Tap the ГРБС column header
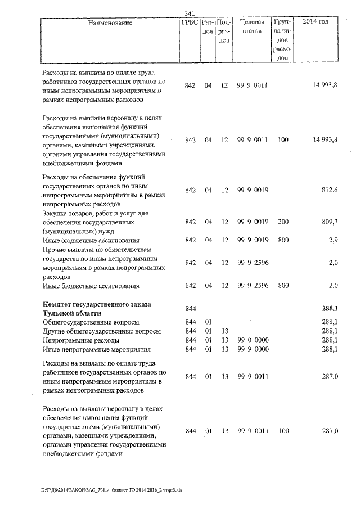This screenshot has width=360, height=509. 190,22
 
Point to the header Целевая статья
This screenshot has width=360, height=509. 251,26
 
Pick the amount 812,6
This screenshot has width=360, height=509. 329,190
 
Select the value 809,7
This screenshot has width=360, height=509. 329,222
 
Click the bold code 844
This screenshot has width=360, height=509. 190,309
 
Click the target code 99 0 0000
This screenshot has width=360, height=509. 252,341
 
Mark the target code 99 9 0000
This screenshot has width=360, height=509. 252,350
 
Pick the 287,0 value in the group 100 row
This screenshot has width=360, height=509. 329,431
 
